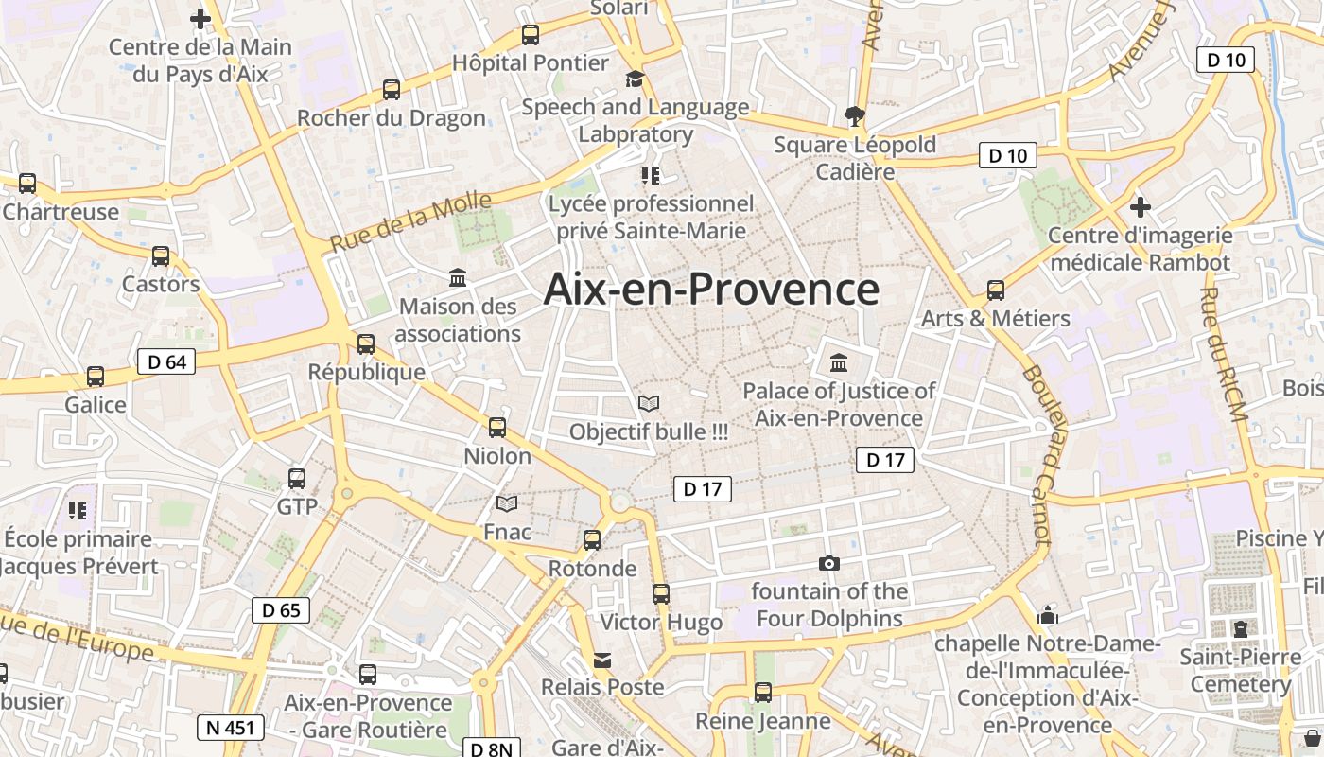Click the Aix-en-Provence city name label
(x=711, y=289)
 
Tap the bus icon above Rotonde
(x=592, y=540)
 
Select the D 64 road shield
(x=166, y=361)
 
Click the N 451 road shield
(x=230, y=727)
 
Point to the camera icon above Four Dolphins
(x=829, y=564)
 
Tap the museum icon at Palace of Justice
(x=838, y=362)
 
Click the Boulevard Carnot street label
(x=1037, y=454)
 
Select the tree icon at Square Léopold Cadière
(x=856, y=116)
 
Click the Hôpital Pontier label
(x=531, y=63)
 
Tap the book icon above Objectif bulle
(x=649, y=404)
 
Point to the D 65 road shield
(x=281, y=610)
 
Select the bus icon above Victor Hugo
(x=661, y=594)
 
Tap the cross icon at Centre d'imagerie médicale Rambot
(x=1141, y=206)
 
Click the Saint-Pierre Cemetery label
(x=1240, y=670)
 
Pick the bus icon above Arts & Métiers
(x=996, y=290)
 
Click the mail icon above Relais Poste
(x=602, y=660)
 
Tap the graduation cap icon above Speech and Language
(x=635, y=79)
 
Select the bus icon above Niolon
(x=497, y=428)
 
